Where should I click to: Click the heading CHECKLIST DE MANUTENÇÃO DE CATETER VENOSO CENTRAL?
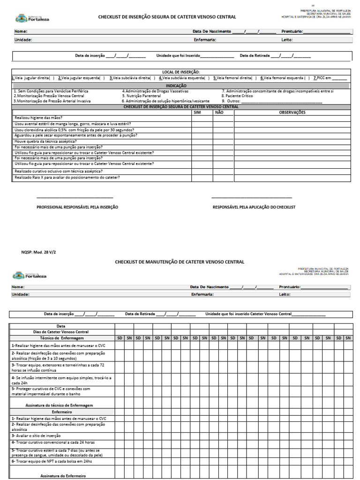click(180, 262)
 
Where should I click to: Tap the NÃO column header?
click(219, 112)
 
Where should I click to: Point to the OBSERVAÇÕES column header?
click(292, 112)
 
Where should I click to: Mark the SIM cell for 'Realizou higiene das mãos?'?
click(202, 118)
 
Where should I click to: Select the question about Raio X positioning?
click(67, 178)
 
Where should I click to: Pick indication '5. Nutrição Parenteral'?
click(141, 96)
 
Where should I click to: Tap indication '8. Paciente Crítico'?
click(240, 96)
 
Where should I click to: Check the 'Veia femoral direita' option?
click(234, 78)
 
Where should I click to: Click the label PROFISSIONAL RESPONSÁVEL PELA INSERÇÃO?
click(77, 207)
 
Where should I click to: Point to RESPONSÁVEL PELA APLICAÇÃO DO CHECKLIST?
click(254, 207)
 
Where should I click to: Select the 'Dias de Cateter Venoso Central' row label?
click(61, 332)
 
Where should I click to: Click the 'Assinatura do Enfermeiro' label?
click(63, 476)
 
